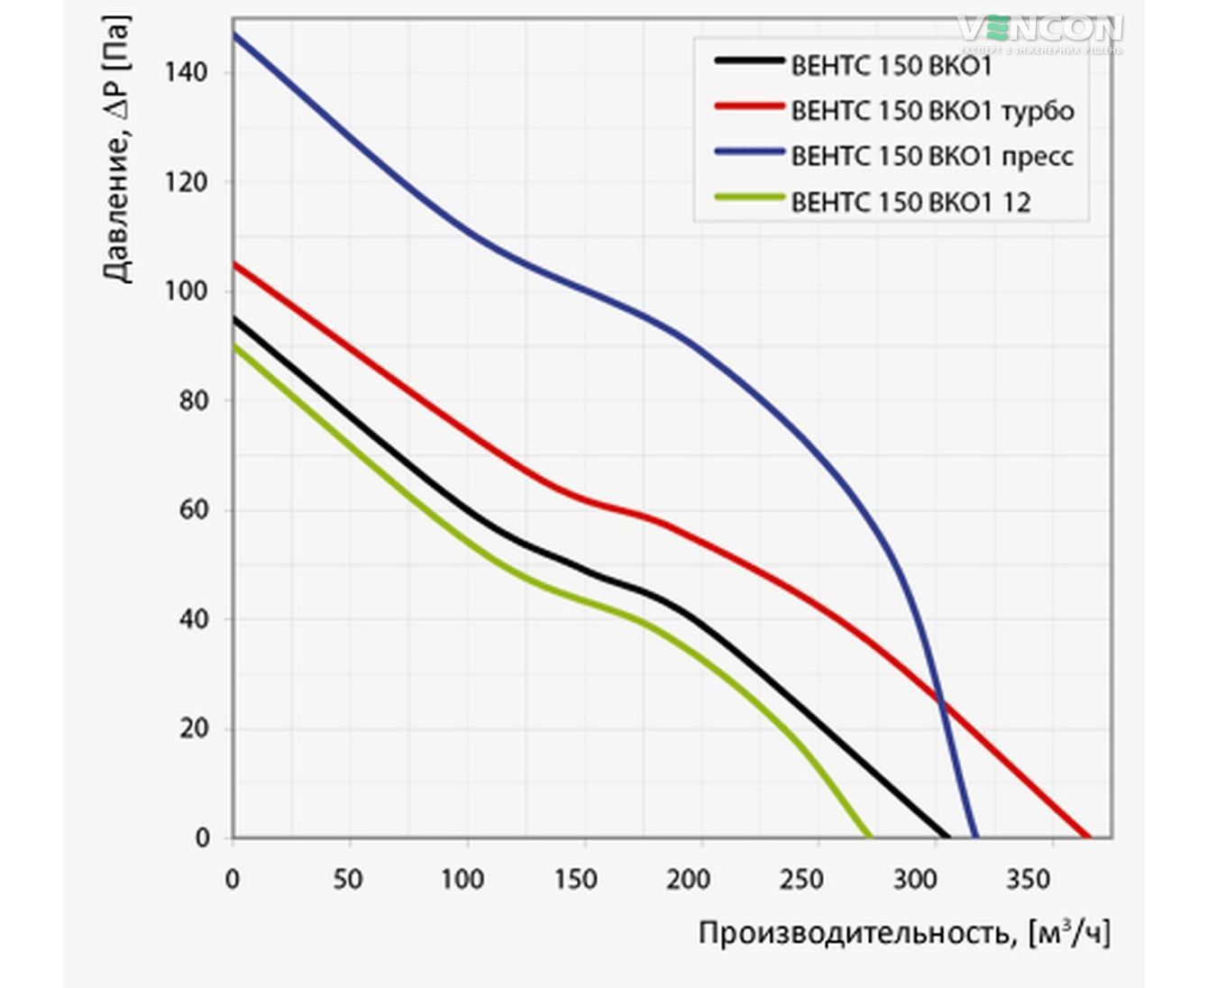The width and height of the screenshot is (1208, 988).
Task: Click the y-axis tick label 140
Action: (188, 71)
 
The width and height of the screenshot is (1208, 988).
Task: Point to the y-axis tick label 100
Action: (188, 291)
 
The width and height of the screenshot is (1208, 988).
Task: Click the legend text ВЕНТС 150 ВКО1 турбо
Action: (932, 111)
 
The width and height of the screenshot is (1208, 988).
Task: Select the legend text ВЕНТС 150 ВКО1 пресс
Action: (932, 156)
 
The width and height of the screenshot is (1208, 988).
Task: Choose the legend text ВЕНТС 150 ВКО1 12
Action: (911, 202)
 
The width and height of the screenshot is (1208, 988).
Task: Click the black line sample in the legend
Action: (749, 60)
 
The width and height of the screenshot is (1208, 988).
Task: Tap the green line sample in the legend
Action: (749, 197)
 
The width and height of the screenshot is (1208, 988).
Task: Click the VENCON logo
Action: (1039, 29)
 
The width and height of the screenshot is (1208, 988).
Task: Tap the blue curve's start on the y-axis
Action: (233, 34)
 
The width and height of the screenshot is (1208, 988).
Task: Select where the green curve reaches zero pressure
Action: (871, 837)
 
